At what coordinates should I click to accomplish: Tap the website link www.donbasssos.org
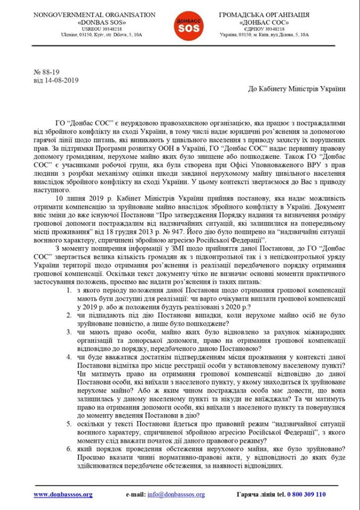pyautogui.click(x=63, y=495)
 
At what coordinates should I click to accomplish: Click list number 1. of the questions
pyautogui.click(x=70, y=292)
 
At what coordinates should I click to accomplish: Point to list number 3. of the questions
pyautogui.click(x=70, y=333)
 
